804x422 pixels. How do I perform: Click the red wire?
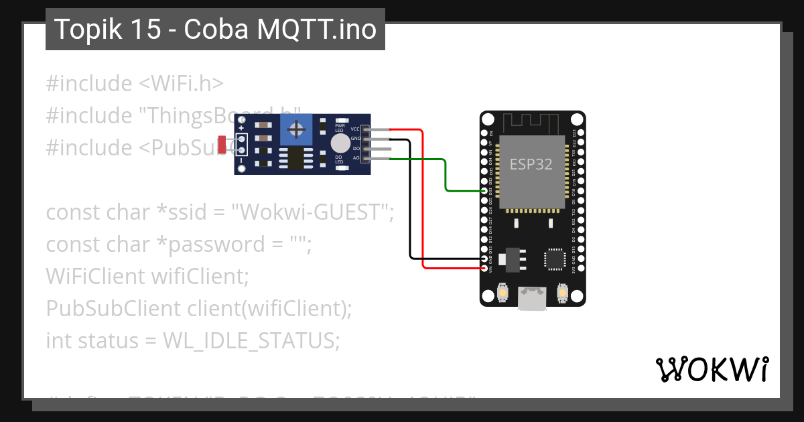(x=423, y=201)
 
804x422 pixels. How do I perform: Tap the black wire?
(x=410, y=201)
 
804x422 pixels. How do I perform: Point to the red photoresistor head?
(x=222, y=143)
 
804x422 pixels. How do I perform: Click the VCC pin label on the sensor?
(x=355, y=129)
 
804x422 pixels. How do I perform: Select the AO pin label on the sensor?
(x=356, y=158)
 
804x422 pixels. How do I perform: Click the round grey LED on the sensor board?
(x=340, y=143)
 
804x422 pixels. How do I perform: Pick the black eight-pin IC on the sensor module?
(x=295, y=159)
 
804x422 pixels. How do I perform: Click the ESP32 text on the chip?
(x=531, y=164)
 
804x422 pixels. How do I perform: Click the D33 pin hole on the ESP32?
(x=485, y=191)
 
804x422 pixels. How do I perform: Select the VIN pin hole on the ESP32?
(x=485, y=268)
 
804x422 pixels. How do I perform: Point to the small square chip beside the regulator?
(x=555, y=259)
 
